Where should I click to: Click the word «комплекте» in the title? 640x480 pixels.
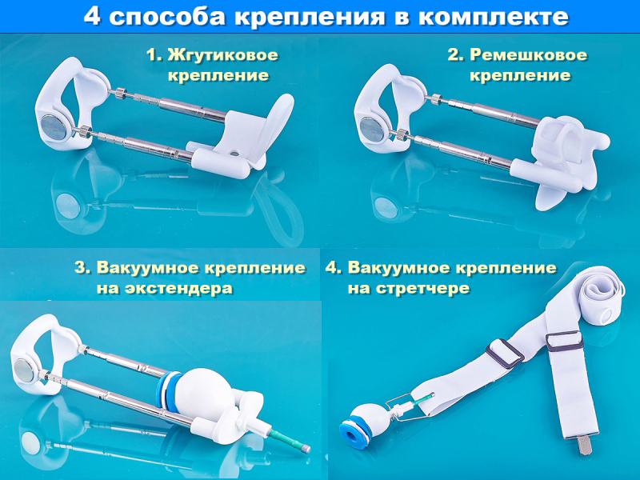(x=493, y=17)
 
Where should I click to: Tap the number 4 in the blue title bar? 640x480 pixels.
(x=92, y=16)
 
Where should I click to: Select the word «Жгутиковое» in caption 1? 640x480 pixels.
(x=223, y=55)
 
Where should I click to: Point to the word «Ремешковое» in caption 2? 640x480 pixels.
(x=529, y=55)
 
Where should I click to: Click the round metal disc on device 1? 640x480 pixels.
(x=54, y=127)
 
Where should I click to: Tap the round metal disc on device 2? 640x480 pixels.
(x=371, y=129)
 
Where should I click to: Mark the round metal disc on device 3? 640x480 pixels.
(x=24, y=370)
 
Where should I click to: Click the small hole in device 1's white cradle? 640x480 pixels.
(x=234, y=154)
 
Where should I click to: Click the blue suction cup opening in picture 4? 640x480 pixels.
(x=351, y=434)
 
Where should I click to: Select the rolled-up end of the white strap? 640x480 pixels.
(x=601, y=294)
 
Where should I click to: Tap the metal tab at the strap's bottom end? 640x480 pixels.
(x=585, y=446)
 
